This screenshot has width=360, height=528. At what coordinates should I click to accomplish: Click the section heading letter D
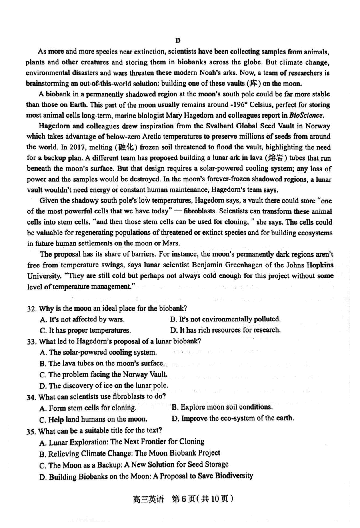pyautogui.click(x=178, y=40)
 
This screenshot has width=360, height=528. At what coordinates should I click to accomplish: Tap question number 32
pyautogui.click(x=32, y=309)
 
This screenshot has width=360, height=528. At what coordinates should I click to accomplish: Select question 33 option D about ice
pyautogui.click(x=104, y=385)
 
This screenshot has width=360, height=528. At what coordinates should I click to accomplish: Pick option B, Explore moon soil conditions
pyautogui.click(x=222, y=407)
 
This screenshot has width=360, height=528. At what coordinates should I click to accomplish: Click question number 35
pyautogui.click(x=32, y=431)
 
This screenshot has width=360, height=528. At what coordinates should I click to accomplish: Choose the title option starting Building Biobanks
pyautogui.click(x=146, y=476)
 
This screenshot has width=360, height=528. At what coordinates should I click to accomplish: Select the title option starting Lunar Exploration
pyautogui.click(x=122, y=442)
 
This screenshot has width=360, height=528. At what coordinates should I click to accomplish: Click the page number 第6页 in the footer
pyautogui.click(x=185, y=499)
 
